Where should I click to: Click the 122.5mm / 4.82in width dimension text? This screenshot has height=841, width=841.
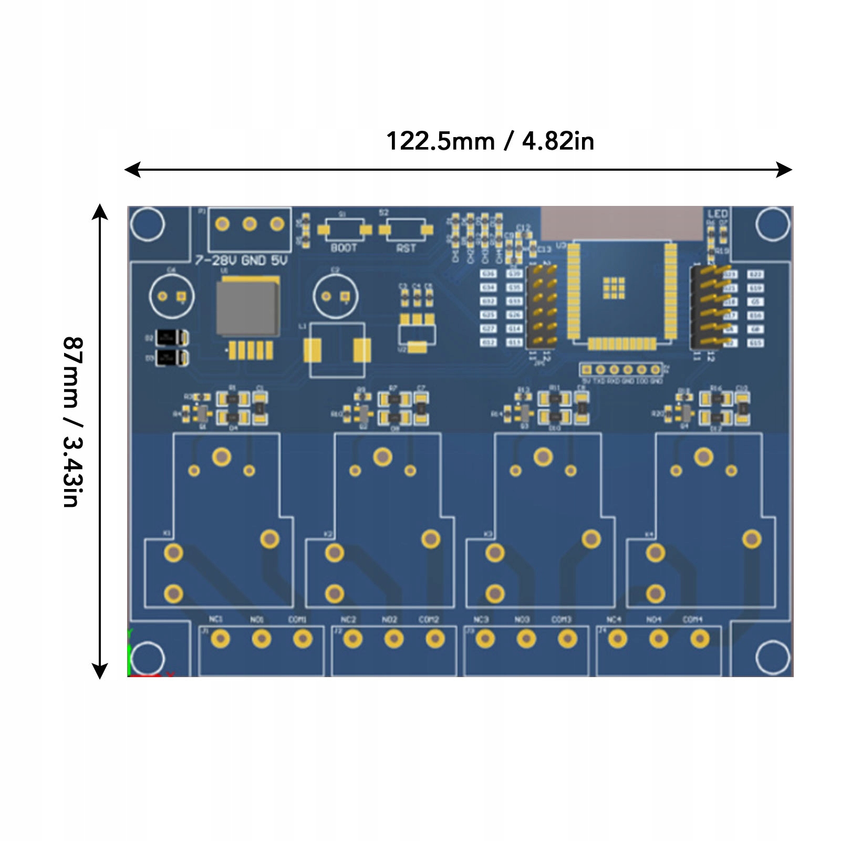point(490,141)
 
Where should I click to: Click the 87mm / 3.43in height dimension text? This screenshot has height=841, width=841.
point(73,422)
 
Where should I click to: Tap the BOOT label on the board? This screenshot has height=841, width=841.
point(344,248)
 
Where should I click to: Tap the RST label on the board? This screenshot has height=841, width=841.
point(406,248)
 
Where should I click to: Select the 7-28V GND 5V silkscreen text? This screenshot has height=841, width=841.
point(241,261)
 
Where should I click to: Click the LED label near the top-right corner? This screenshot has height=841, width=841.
point(717,214)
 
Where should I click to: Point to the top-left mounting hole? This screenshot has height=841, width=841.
point(148,224)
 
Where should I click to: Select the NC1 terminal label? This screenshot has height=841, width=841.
point(215,619)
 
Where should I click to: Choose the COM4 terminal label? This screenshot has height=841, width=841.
point(692,619)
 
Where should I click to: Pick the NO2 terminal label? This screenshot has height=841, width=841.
point(389,619)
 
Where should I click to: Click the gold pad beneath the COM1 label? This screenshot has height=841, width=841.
point(303,639)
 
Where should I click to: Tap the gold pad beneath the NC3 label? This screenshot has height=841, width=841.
point(485,639)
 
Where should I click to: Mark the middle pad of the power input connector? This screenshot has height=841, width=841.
point(250,224)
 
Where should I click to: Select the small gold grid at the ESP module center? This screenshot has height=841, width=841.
point(614,288)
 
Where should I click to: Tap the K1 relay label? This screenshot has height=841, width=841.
point(167,534)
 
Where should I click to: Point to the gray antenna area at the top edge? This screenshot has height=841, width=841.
point(622,223)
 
